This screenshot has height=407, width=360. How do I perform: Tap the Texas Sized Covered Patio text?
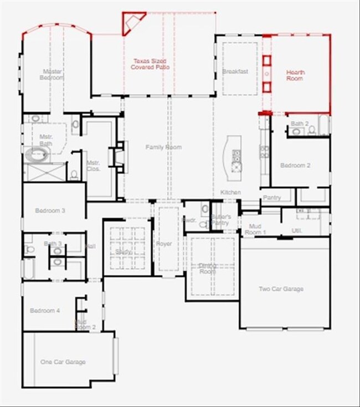150,64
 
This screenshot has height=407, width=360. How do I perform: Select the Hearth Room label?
295,75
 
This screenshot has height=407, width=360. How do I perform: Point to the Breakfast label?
235,71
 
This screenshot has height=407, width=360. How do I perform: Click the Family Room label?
163,147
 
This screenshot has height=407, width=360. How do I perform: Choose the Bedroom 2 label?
295,165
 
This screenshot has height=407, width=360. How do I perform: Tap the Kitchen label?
230,192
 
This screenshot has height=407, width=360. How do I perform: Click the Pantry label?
271,198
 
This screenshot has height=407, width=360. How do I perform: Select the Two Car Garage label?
281,288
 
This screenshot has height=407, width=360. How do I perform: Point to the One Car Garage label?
63,362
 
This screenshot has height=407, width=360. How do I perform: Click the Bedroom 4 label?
45,311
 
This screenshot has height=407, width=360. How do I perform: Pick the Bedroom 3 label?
50,210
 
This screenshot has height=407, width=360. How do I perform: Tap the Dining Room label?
207,269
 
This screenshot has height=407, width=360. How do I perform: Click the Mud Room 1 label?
257,229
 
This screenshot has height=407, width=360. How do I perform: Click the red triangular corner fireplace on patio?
132,23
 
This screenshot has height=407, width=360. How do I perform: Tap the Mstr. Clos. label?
93,166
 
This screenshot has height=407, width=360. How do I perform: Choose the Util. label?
296,230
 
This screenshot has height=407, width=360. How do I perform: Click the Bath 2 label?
299,123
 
